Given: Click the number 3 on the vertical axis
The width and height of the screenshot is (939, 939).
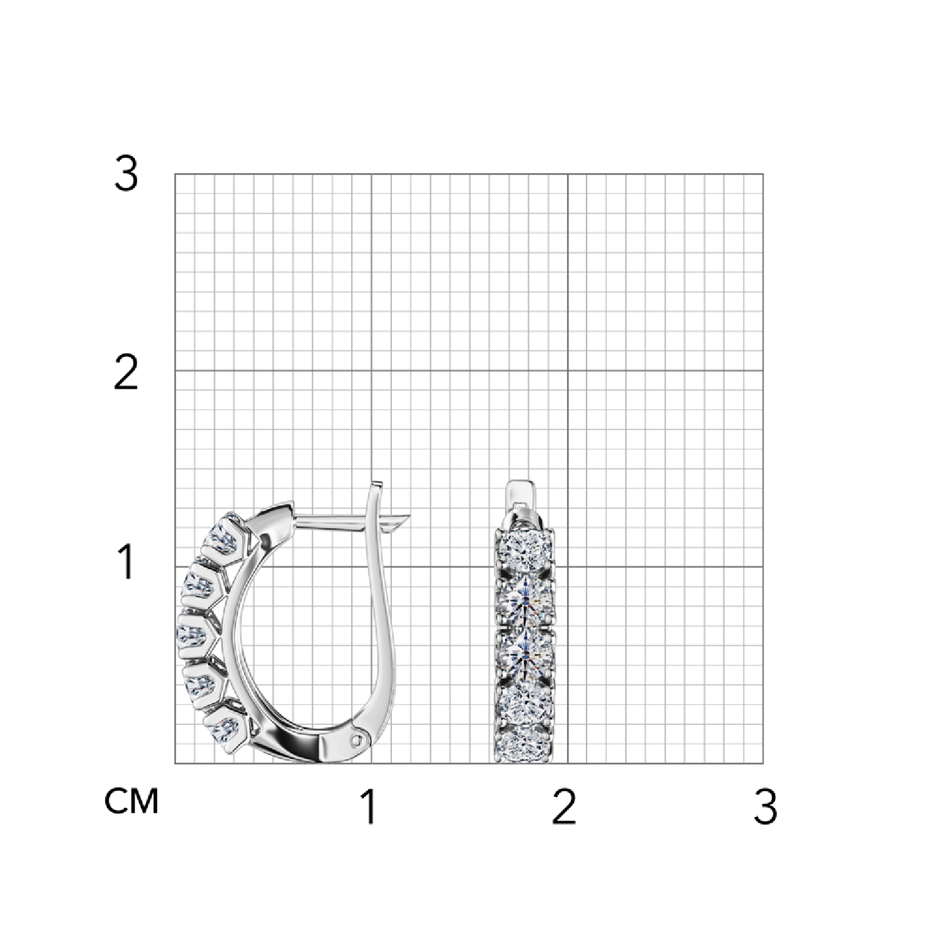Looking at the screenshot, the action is [x=126, y=173].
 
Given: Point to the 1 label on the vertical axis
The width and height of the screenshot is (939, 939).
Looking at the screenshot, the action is [x=127, y=562].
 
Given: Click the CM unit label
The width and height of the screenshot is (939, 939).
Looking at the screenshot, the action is [x=131, y=801].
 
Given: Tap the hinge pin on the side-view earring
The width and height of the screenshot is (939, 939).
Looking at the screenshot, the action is [x=357, y=740].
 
